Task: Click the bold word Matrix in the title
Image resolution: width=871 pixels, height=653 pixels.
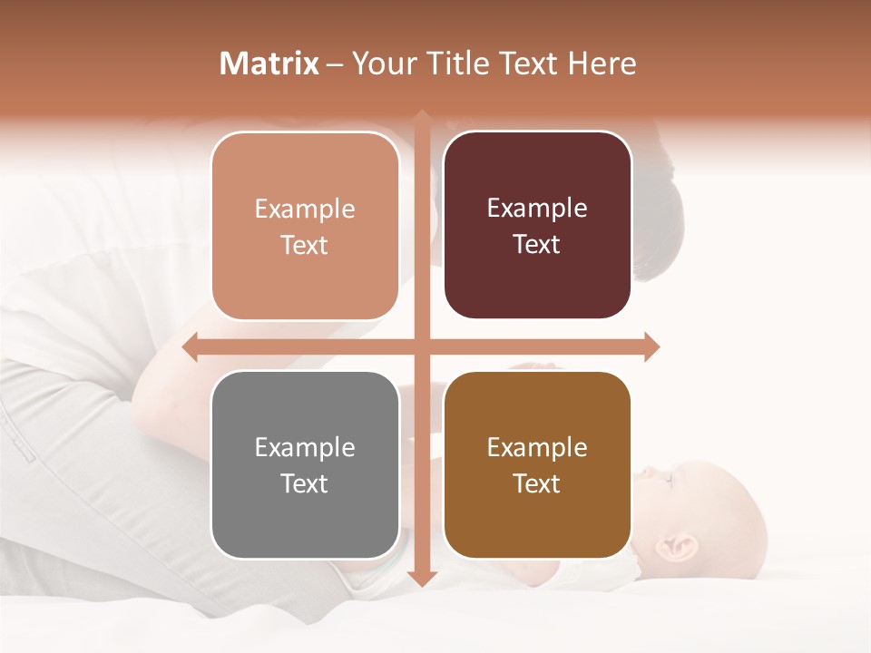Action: [269, 63]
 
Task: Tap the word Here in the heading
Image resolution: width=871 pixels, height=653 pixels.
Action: [602, 63]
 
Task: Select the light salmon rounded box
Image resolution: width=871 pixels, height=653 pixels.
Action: [305, 227]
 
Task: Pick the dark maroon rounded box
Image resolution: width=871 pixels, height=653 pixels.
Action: [537, 226]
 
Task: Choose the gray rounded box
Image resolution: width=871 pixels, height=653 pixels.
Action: [305, 465]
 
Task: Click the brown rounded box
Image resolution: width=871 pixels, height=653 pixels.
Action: [537, 465]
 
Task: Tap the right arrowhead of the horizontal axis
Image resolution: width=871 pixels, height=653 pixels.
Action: [651, 346]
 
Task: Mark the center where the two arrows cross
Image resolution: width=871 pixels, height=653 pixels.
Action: [422, 346]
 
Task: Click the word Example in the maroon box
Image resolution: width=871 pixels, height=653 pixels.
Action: [537, 209]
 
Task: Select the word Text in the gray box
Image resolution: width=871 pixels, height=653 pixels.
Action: [305, 483]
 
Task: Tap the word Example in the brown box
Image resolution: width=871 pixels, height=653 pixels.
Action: [537, 447]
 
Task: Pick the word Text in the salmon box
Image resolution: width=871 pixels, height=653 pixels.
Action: [305, 245]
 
